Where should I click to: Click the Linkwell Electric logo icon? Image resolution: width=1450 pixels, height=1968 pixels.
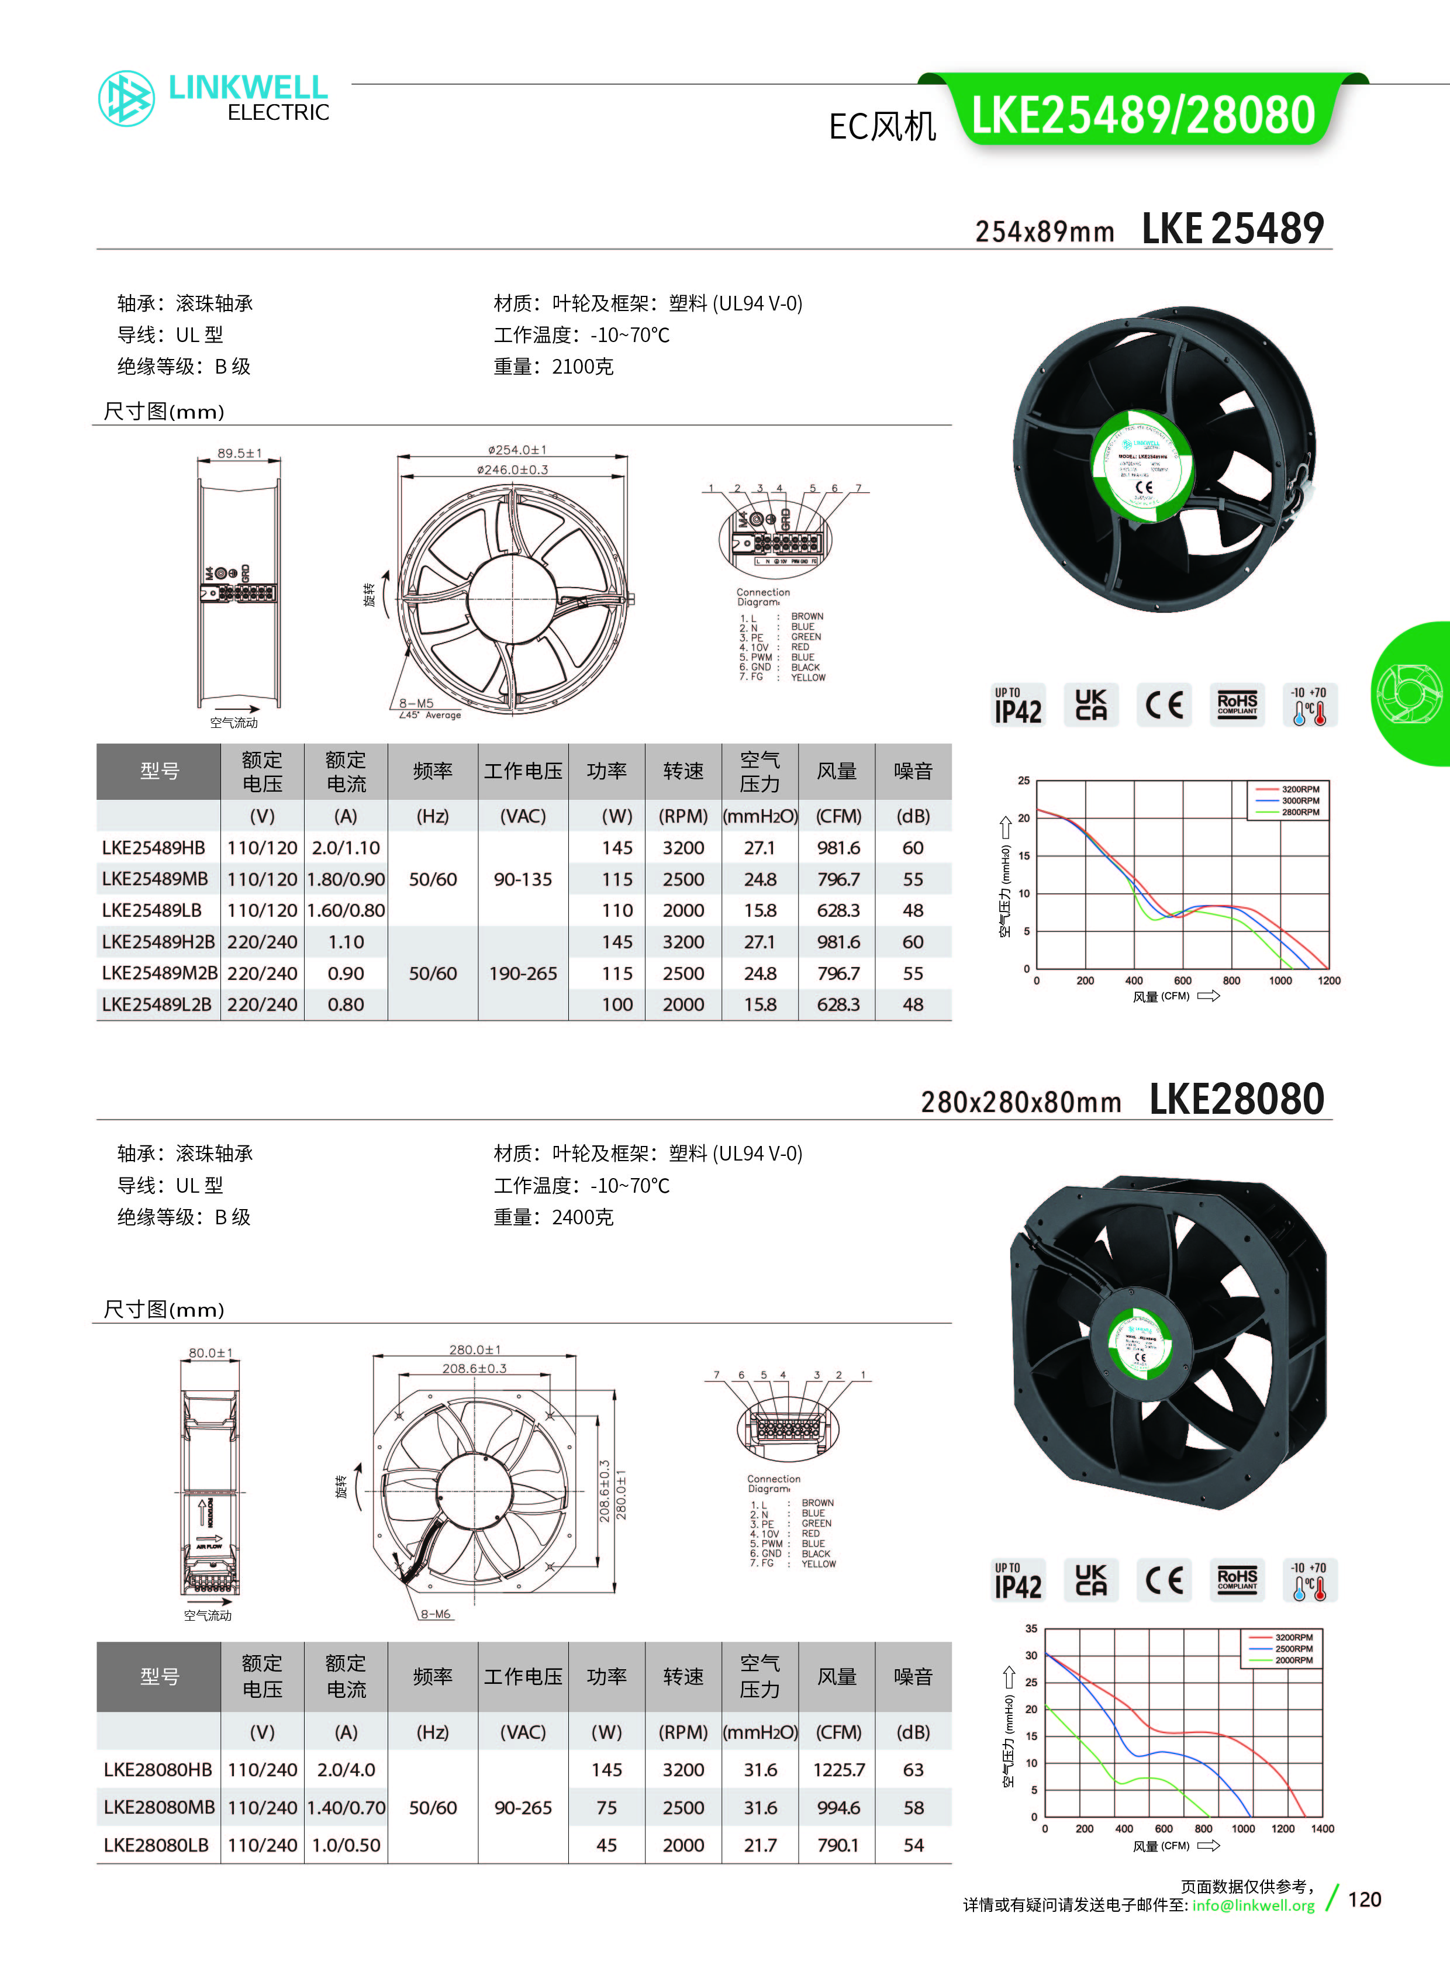coord(126,98)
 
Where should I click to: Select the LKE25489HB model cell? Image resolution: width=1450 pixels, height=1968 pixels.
coord(154,848)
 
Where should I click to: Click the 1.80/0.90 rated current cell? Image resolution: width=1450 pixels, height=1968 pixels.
coord(346,879)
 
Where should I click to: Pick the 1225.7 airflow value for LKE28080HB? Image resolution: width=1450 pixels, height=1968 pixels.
coord(838,1770)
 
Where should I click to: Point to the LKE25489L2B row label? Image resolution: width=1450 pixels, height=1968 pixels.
coord(157,1005)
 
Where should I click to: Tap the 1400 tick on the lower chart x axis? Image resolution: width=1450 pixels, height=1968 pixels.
coord(1322,1828)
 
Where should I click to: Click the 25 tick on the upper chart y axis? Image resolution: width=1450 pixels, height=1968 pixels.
coord(1023,781)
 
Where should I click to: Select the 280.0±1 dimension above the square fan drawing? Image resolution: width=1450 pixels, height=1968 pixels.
coord(475,1349)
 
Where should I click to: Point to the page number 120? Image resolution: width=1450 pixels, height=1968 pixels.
coord(1364,1900)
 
